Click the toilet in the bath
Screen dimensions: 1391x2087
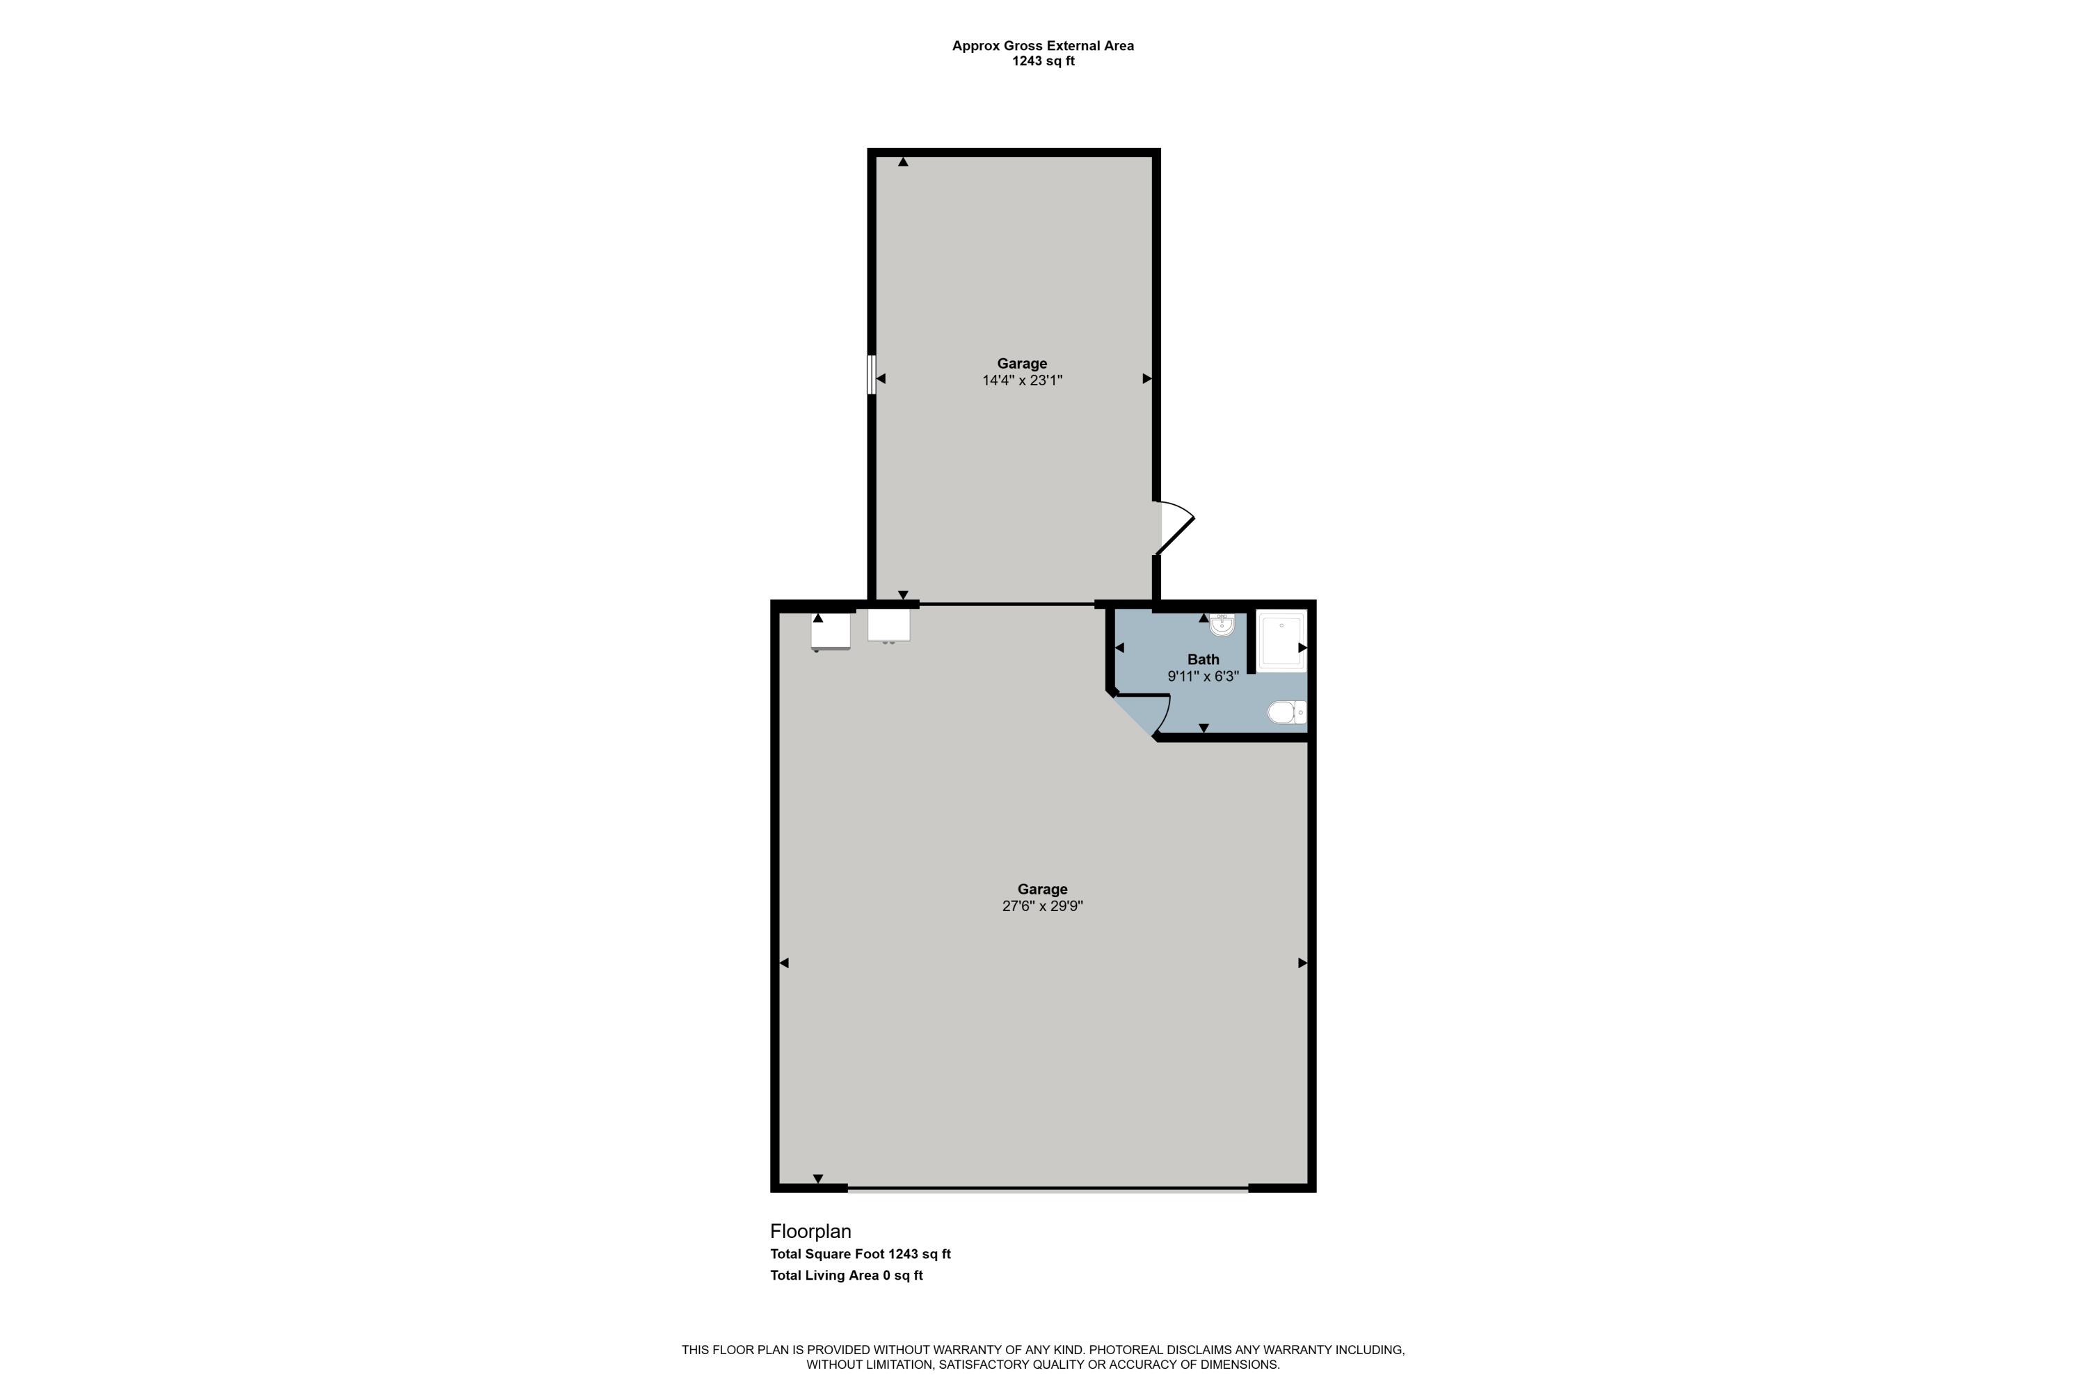pos(1286,711)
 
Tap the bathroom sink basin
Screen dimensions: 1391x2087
pos(1222,625)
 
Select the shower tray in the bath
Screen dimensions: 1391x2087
pos(1281,641)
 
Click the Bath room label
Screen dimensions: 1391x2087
pos(1204,659)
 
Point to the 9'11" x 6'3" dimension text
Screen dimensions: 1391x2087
pos(1204,676)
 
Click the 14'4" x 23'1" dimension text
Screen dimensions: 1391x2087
pos(1022,380)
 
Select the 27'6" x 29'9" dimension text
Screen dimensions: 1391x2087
pos(1043,906)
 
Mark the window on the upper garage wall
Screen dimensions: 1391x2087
pos(872,374)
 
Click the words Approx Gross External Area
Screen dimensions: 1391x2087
pos(1043,45)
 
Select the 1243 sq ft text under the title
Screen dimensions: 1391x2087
pos(1043,61)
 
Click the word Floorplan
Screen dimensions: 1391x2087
pos(810,1231)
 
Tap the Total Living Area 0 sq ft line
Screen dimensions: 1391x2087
pos(847,1276)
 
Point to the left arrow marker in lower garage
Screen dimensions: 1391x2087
pos(783,963)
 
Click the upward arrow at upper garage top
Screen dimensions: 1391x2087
pos(903,162)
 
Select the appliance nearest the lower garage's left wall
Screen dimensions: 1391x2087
pos(831,631)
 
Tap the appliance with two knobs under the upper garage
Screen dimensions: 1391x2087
pos(888,625)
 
